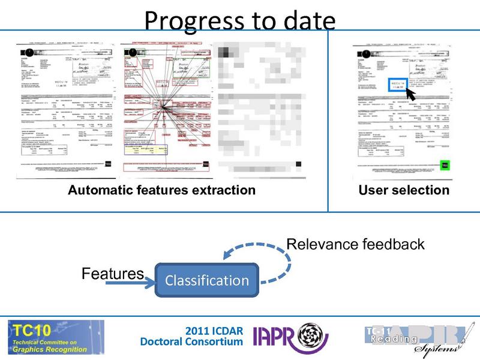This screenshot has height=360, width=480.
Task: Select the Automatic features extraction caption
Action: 161,190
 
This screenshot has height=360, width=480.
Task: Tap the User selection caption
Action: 403,190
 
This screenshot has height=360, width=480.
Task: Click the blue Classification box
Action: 206,280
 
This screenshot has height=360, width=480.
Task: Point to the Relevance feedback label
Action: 355,244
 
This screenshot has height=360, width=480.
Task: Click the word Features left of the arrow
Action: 113,274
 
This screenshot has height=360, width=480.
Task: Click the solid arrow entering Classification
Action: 129,282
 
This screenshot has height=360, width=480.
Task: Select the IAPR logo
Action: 290,338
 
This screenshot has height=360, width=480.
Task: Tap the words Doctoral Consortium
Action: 191,342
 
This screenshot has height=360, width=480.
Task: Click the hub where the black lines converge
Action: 161,107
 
